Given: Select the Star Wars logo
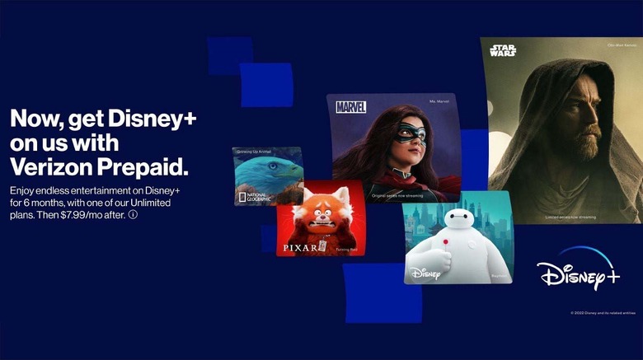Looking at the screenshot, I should (502, 51).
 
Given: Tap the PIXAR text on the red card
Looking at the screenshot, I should (299, 246).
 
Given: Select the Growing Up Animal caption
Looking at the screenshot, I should (256, 152).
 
